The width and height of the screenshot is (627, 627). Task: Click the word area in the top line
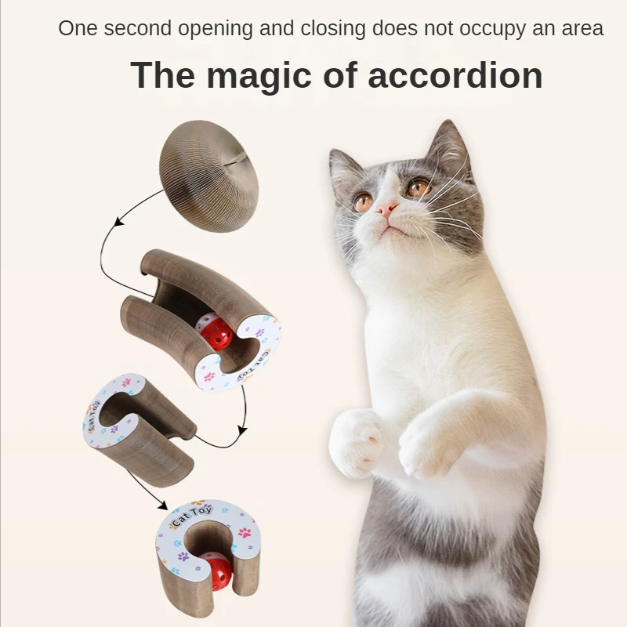583,29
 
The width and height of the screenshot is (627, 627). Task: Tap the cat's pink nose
386,208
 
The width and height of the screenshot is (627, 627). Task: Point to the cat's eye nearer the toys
363,201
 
